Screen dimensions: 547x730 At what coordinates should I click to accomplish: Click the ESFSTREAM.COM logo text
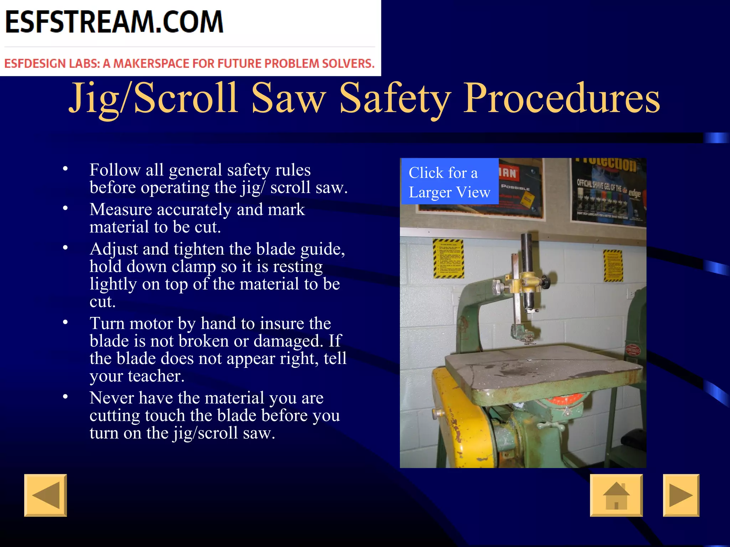click(114, 22)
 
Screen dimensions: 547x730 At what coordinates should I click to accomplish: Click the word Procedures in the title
click(561, 98)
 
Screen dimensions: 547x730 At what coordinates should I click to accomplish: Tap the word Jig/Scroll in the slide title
click(153, 98)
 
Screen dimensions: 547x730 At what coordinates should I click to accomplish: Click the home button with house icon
click(616, 495)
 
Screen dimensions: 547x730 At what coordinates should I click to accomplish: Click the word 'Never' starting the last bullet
click(112, 398)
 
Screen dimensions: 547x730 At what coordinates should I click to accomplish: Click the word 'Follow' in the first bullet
click(115, 170)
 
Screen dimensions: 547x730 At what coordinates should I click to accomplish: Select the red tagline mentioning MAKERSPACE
click(189, 63)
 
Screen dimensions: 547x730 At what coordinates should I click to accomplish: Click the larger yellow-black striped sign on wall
click(448, 258)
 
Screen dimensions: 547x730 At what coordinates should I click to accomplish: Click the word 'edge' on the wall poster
click(634, 193)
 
